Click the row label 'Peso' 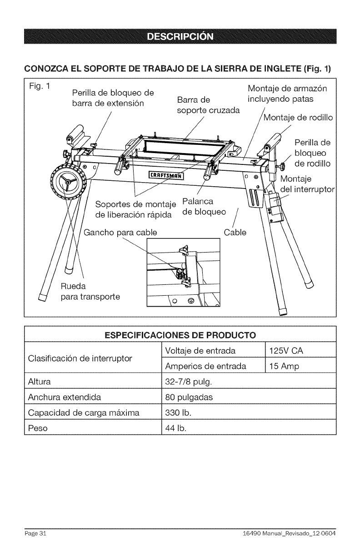pyautogui.click(x=38, y=428)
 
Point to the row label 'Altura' pyautogui.click(x=40, y=381)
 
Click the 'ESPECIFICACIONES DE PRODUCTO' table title pyautogui.click(x=180, y=335)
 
